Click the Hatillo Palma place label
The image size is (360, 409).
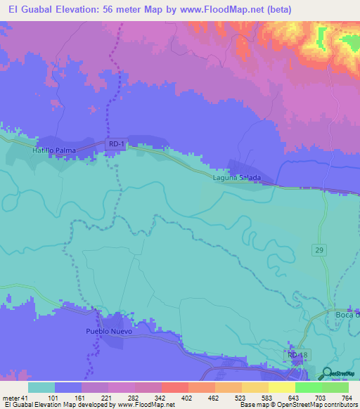(53, 150)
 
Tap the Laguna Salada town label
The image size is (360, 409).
(237, 178)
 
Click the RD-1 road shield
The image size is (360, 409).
(117, 144)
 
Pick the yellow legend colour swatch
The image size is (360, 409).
(281, 387)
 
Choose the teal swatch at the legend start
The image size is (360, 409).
(41, 387)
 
